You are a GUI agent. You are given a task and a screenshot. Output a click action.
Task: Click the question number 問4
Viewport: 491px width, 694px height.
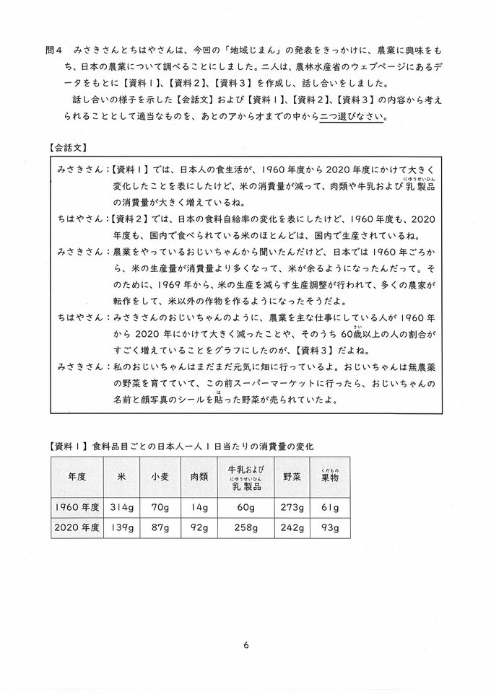(x=55, y=51)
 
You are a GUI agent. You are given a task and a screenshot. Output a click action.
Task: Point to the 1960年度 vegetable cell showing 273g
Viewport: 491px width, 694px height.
(x=292, y=507)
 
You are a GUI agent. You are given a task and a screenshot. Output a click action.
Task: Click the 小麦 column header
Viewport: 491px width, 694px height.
(x=160, y=477)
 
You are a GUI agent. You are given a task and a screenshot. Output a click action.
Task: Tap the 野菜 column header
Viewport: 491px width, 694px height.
(x=292, y=477)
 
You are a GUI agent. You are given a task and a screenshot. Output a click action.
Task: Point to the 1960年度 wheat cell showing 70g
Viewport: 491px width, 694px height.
(x=160, y=507)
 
